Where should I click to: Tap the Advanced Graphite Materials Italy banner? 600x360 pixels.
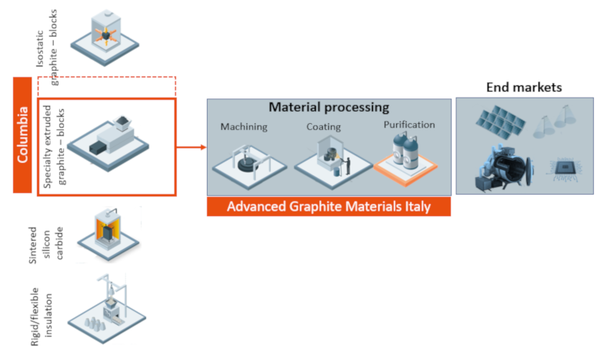(x=328, y=207)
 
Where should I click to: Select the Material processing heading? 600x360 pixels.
(x=328, y=107)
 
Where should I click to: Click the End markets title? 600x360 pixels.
(x=524, y=87)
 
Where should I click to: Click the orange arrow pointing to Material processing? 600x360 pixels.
(x=192, y=147)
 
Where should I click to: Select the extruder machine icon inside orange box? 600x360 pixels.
(x=108, y=142)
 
